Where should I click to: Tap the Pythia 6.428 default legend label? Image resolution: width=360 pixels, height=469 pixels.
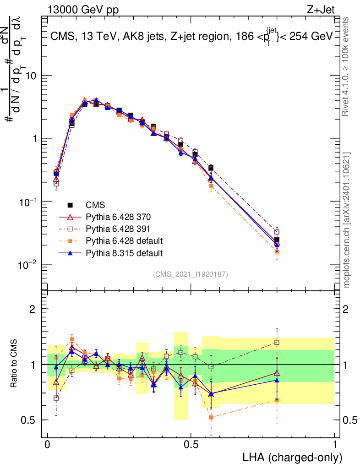click(x=124, y=240)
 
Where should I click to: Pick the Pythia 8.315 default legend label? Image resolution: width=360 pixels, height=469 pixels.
click(x=124, y=252)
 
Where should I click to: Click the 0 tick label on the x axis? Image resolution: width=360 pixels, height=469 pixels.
click(x=48, y=445)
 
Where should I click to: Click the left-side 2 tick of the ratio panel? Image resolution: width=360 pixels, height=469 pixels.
click(x=33, y=309)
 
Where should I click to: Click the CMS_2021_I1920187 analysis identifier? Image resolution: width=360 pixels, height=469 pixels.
click(x=190, y=274)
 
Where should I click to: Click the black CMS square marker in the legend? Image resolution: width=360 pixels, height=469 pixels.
click(x=70, y=205)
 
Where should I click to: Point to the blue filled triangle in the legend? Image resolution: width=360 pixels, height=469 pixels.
click(x=70, y=252)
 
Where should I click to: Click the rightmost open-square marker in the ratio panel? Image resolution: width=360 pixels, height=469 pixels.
click(x=277, y=342)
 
